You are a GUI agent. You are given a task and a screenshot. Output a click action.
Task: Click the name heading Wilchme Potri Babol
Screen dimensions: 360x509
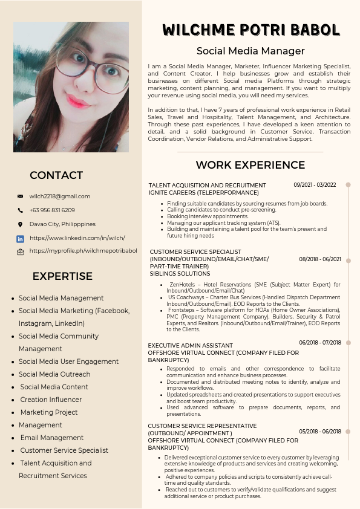[250, 30]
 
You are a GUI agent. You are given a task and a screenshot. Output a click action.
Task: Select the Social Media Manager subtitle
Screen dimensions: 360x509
[250, 51]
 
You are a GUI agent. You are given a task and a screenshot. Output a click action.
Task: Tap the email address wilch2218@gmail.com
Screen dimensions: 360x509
[60, 196]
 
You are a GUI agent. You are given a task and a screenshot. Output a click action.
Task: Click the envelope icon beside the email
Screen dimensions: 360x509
[20, 196]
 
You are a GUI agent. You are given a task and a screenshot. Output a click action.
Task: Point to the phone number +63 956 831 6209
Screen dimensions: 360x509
[52, 210]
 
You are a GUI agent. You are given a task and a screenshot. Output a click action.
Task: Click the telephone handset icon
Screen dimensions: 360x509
[20, 210]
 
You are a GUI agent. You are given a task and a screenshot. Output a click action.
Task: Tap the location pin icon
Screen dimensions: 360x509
[20, 224]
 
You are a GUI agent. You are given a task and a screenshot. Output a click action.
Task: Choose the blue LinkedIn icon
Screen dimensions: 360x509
[20, 238]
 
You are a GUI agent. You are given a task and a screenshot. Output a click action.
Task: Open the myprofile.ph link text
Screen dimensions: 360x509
[83, 250]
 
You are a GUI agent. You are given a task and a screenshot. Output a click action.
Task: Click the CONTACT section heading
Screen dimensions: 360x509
[56, 175]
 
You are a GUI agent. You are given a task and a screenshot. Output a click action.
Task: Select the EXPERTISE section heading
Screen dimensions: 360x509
[62, 276]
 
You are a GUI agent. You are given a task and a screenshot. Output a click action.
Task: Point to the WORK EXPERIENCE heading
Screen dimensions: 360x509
[250, 165]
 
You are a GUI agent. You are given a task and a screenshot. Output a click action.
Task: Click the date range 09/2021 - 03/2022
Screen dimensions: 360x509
[315, 185]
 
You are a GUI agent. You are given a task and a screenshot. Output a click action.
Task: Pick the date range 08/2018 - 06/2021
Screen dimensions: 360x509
[320, 259]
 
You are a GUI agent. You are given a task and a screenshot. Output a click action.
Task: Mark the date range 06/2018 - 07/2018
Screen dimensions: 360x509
[320, 343]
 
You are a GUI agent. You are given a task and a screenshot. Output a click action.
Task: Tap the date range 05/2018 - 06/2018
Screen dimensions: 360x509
[320, 432]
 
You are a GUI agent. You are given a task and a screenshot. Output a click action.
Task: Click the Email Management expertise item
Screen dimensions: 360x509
[52, 438]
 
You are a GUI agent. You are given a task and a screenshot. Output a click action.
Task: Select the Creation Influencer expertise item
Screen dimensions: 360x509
[51, 400]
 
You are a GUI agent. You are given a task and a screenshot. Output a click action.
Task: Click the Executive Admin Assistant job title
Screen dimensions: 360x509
[191, 346]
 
